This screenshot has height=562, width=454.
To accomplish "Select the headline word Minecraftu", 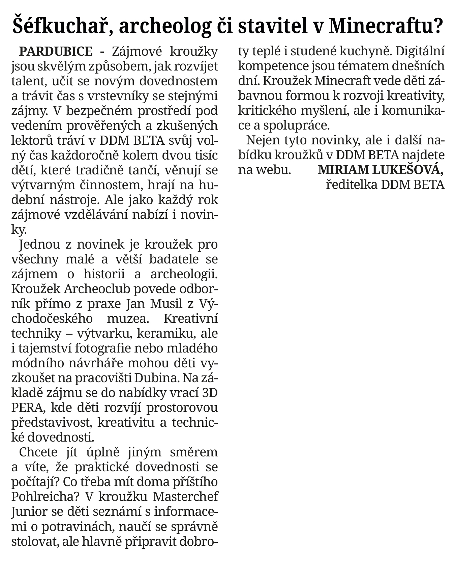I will pos(384,26).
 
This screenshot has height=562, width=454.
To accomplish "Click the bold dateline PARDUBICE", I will pos(56,52).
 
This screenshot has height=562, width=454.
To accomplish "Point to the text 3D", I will pos(210,393).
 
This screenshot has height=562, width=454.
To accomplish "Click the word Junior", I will pos(29,512).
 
